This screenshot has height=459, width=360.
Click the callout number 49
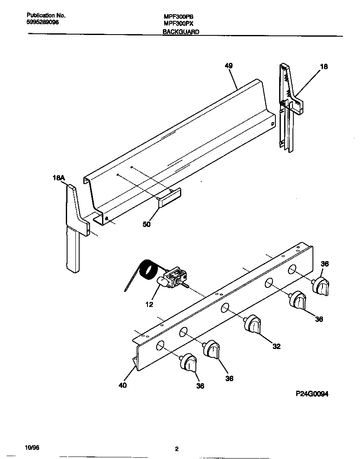[x=228, y=66]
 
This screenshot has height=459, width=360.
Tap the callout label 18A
[x=59, y=178]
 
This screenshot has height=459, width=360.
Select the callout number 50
[x=147, y=225]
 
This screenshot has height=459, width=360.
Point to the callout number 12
[x=149, y=304]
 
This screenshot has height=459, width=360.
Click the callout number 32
[x=277, y=346]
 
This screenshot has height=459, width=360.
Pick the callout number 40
[x=122, y=385]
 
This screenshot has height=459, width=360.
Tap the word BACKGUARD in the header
[x=181, y=32]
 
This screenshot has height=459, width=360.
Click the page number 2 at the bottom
[x=177, y=449]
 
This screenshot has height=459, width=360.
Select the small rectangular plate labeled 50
[x=169, y=197]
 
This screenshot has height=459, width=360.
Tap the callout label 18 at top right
[x=324, y=66]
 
